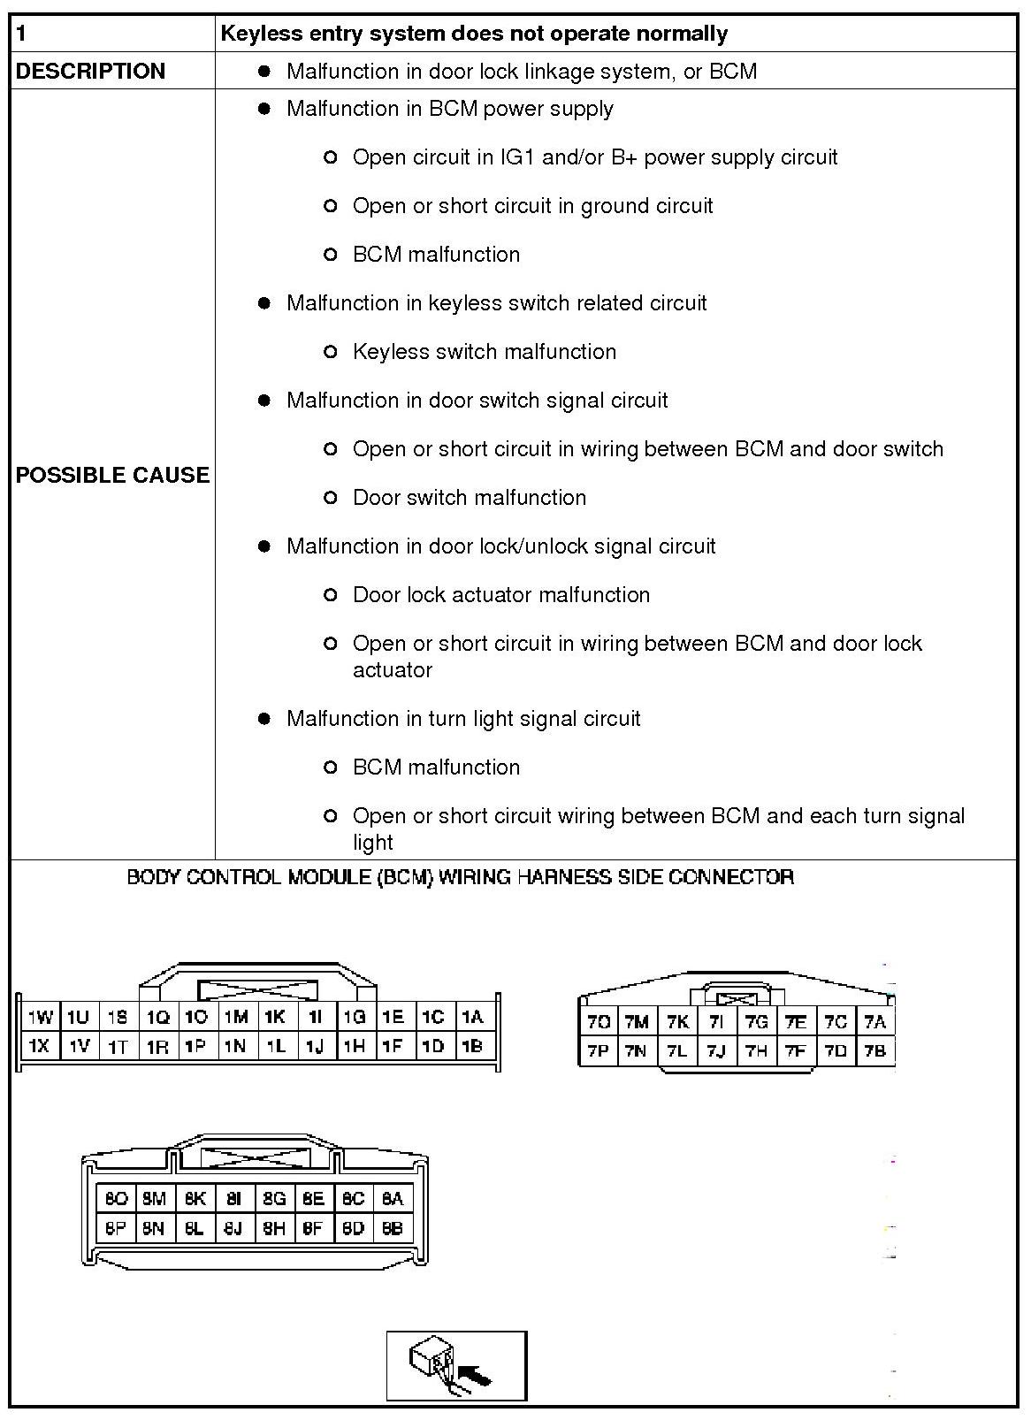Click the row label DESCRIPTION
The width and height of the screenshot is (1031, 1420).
pos(90,72)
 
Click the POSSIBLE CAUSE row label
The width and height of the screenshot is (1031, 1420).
pos(112,475)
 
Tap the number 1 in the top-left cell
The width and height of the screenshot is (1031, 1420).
pos(22,34)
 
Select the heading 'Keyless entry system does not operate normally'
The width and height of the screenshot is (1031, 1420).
pos(474,34)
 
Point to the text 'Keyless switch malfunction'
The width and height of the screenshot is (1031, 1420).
pos(484,352)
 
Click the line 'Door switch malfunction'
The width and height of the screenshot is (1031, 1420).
pos(469,498)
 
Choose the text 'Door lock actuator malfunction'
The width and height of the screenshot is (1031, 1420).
pos(500,595)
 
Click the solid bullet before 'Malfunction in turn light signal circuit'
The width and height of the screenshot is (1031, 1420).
pos(263,719)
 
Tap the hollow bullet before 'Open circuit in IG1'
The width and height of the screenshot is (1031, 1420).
pos(331,157)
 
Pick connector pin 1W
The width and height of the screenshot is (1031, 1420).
pos(41,1018)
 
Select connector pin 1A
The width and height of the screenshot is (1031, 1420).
pos(472,1018)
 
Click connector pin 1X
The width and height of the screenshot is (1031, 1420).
pos(39,1046)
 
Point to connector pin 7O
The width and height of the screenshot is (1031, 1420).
pos(599,1022)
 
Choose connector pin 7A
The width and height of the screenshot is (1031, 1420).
pos(874,1022)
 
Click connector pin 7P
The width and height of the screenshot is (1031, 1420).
pos(599,1051)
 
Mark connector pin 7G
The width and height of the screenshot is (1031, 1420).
pos(756,1022)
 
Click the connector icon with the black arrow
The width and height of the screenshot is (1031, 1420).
pos(456,1365)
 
